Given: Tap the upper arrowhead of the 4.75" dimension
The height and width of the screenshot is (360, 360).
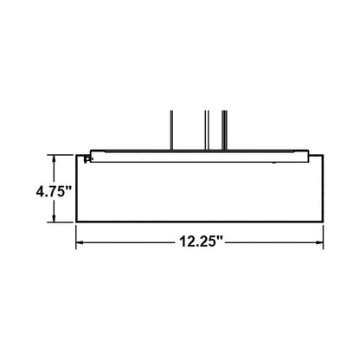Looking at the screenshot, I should (x=56, y=157).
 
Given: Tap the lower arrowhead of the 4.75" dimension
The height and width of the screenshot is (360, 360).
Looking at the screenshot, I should (x=56, y=219).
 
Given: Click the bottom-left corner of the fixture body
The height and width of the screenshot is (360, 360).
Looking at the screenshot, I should (x=79, y=222).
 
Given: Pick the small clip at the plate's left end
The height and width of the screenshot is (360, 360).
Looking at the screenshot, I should (x=87, y=158).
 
